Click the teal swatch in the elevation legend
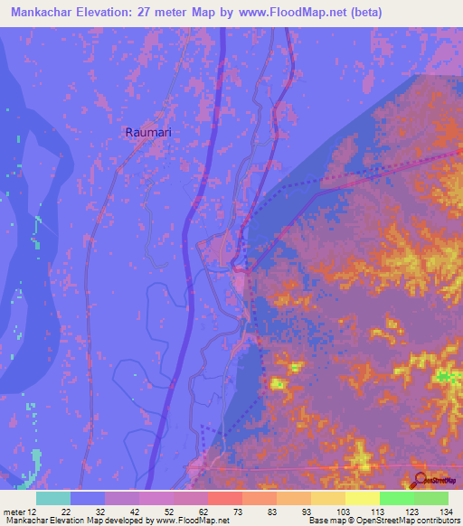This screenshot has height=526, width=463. pos(52,498)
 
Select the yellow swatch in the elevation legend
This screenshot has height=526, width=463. pos(362,498)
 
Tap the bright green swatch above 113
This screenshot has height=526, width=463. pos(396,498)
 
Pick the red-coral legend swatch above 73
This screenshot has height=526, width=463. pos(224,498)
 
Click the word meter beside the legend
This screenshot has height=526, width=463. pos(14,511)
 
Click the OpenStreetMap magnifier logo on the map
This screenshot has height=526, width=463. pos(420,480)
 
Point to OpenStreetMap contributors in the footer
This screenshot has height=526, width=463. pos(410,521)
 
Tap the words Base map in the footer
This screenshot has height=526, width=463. pos(326,521)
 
